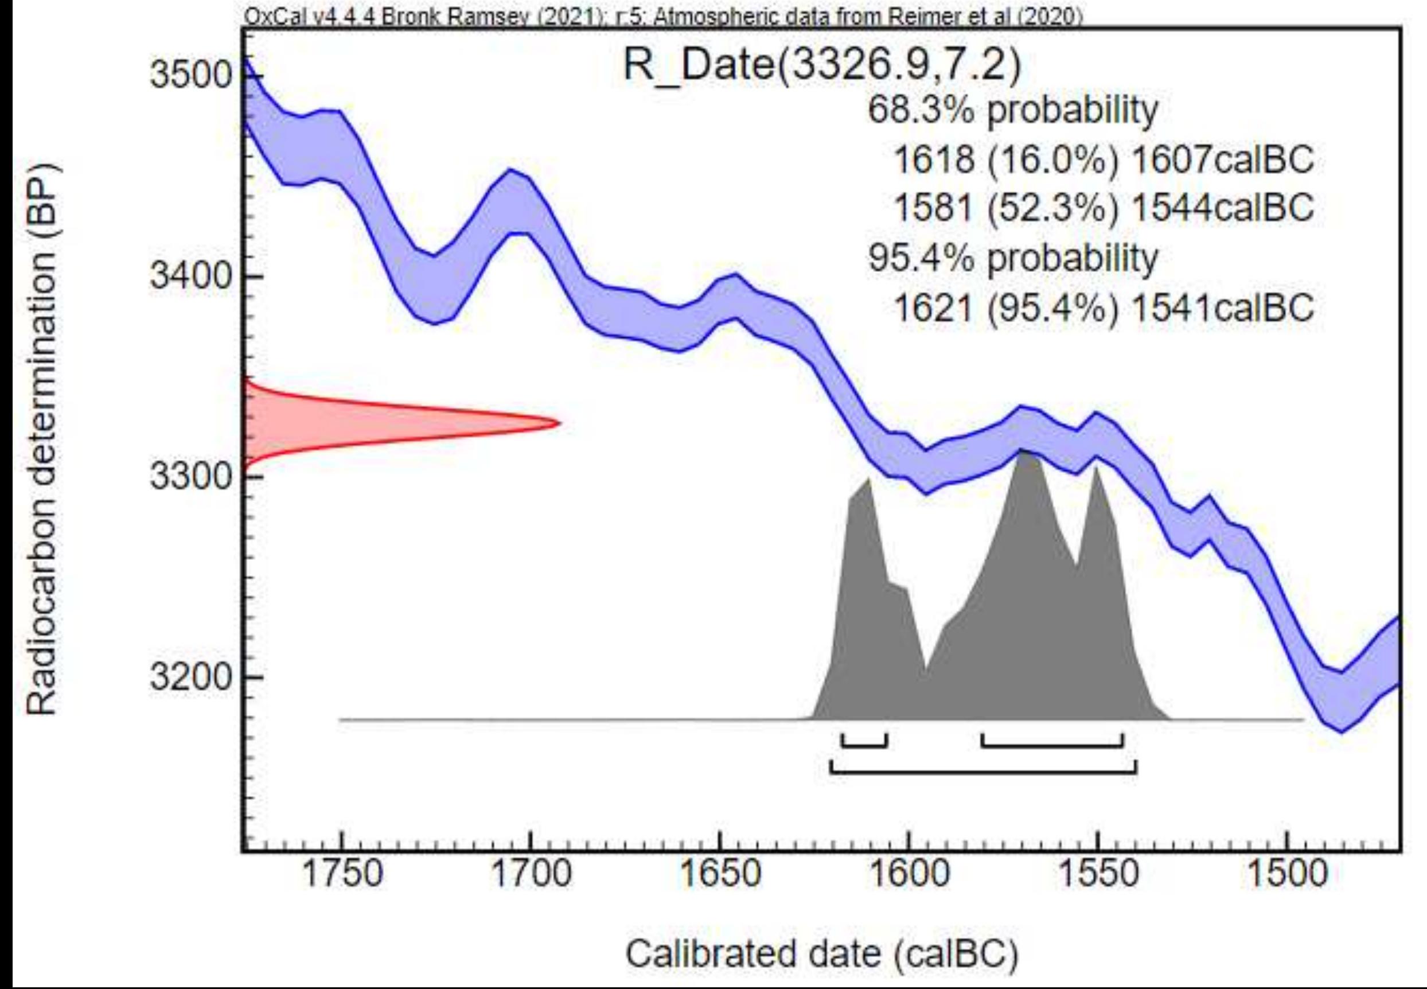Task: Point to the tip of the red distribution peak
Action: tap(560, 423)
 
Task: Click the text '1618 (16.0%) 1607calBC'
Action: tap(1103, 160)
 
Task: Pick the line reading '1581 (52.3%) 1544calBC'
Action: tap(1103, 208)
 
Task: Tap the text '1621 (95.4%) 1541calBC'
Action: tap(1103, 307)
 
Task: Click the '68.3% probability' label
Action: tap(1012, 111)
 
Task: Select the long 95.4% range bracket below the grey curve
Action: tap(982, 772)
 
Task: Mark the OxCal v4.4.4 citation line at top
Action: tap(663, 17)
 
